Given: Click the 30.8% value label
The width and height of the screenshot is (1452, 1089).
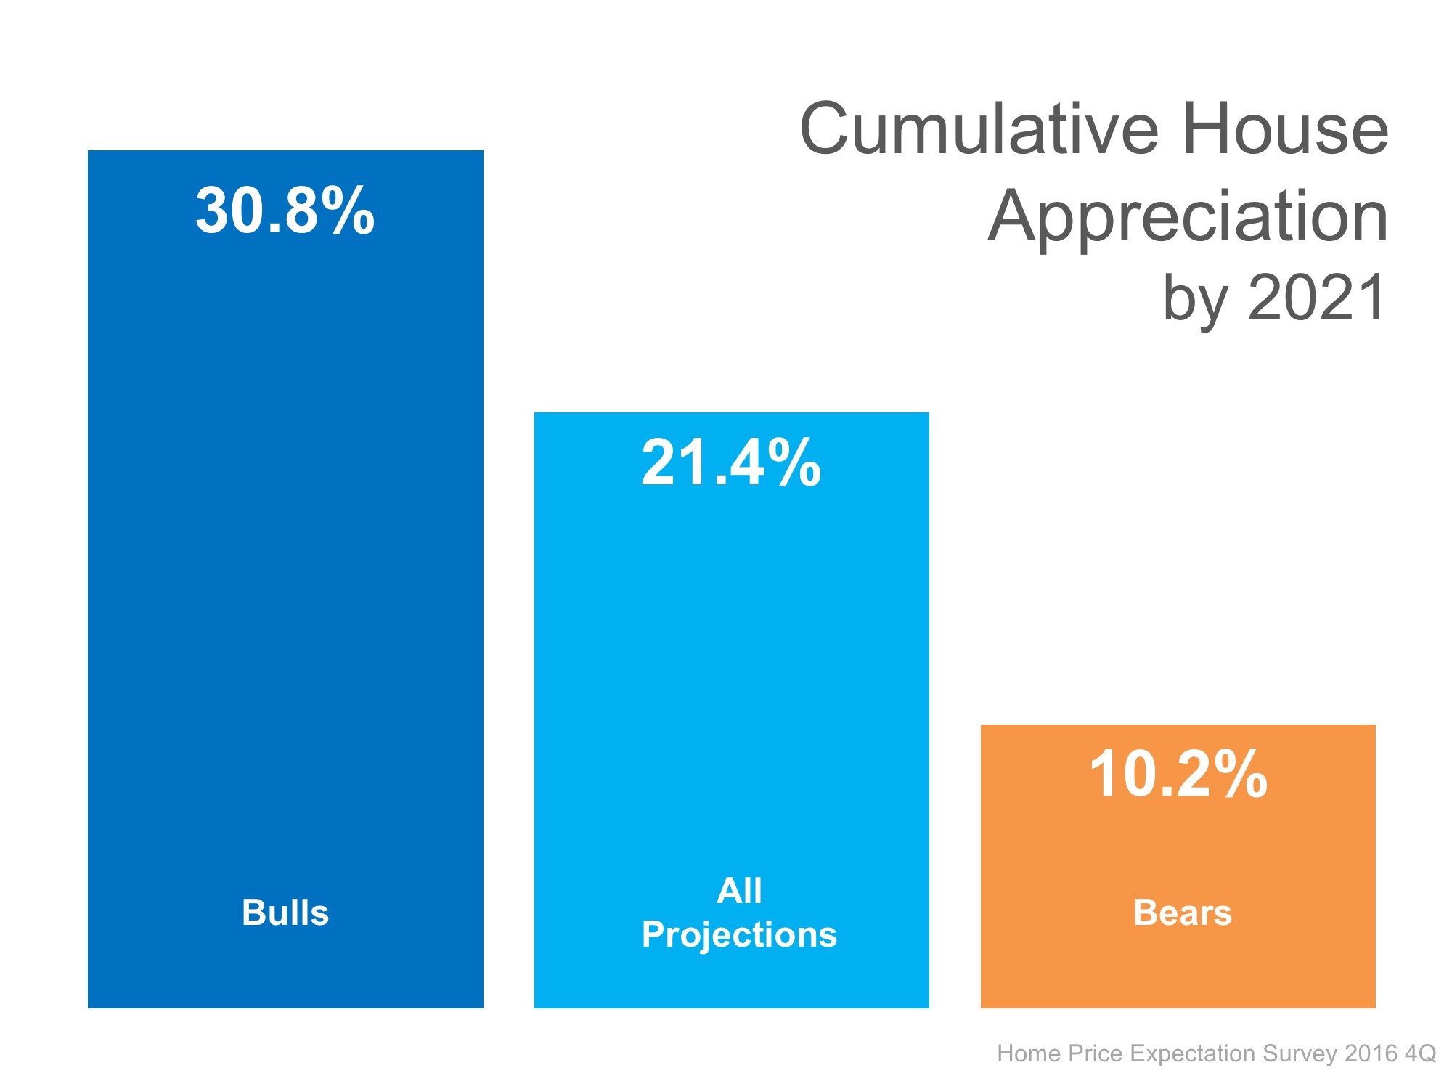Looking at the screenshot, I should pyautogui.click(x=285, y=211).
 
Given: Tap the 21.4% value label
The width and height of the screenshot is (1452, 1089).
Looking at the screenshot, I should pyautogui.click(x=731, y=463).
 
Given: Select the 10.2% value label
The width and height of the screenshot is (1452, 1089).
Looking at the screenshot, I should pyautogui.click(x=1178, y=775).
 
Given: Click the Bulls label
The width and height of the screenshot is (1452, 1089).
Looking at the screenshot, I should pyautogui.click(x=285, y=913).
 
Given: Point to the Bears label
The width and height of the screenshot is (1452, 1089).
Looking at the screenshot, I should pyautogui.click(x=1182, y=913).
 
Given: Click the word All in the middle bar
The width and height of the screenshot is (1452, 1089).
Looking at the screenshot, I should pyautogui.click(x=739, y=890).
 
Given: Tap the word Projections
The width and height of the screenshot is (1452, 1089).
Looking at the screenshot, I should pyautogui.click(x=739, y=934).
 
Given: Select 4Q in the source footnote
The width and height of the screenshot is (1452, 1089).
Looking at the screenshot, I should pyautogui.click(x=1420, y=1053).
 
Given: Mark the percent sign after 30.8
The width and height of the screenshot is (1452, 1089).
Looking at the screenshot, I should pyautogui.click(x=348, y=211).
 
